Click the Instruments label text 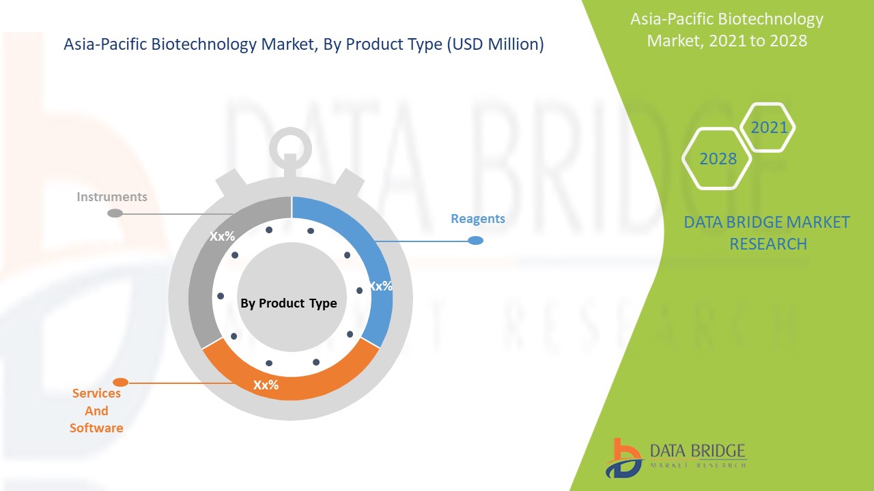coord(112,197)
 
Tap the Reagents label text coord(478,219)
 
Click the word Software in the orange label coord(96,428)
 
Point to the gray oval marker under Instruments coord(115,213)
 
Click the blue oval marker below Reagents coord(476,241)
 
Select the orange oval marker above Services coord(120,382)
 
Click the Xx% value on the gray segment coord(223,237)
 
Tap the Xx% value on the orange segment coord(266,385)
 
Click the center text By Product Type coord(289,303)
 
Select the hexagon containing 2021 coord(769,128)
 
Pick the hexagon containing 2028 coord(718,159)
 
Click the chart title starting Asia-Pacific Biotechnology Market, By coord(303,45)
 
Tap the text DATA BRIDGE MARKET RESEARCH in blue coord(767,233)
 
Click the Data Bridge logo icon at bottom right coord(623,458)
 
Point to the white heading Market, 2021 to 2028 coord(727,41)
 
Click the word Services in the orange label coord(96,393)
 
